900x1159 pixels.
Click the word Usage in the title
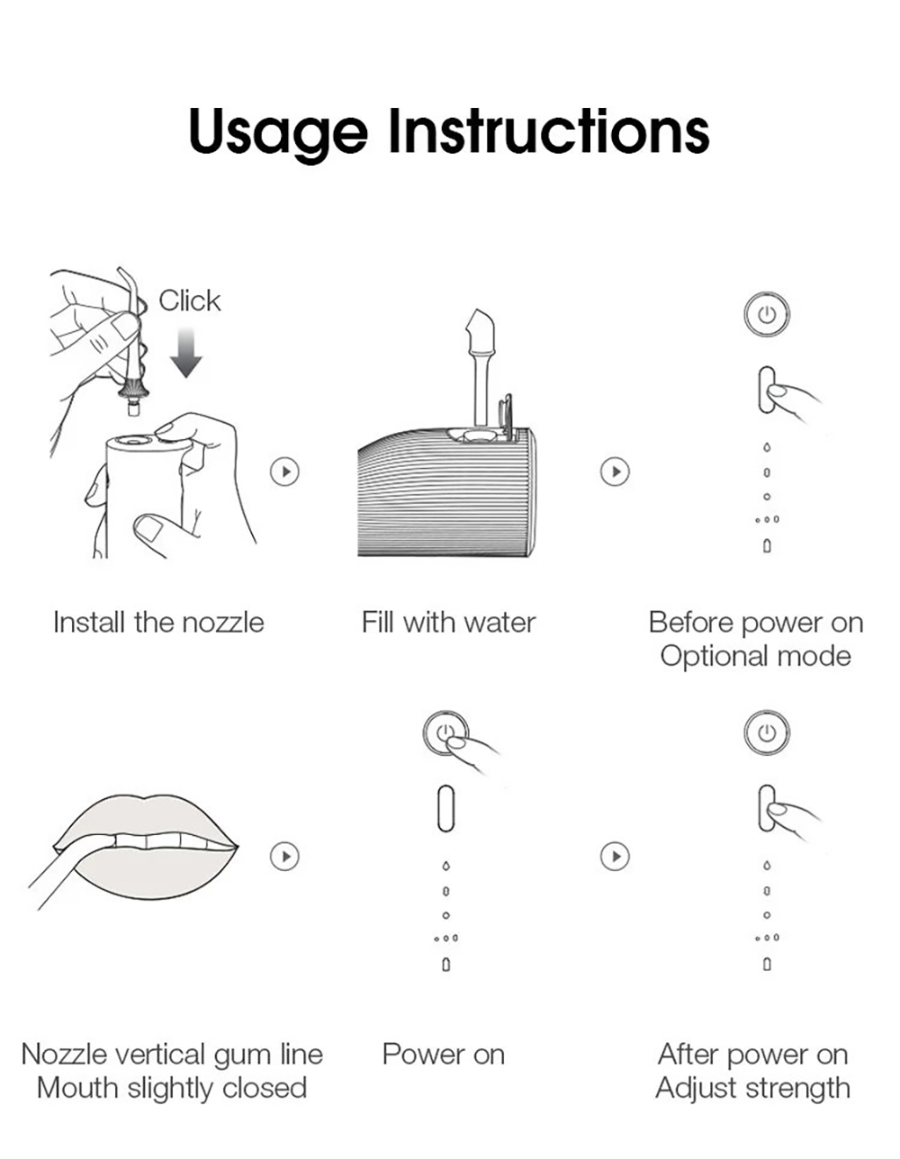click(x=277, y=131)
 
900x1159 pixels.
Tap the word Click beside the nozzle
click(x=189, y=301)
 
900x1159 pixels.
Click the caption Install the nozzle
click(x=158, y=623)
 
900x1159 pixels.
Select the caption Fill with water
click(x=448, y=623)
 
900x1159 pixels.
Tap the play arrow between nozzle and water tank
click(x=285, y=472)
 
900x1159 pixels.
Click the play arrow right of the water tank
click(x=615, y=472)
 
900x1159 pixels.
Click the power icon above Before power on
click(x=767, y=315)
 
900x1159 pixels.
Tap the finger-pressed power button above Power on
click(x=445, y=733)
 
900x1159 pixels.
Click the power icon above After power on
click(x=767, y=732)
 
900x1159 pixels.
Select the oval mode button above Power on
click(x=445, y=808)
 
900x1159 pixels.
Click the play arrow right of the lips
click(x=285, y=856)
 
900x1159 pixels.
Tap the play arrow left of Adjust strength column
click(x=615, y=856)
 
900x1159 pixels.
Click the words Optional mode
click(x=755, y=656)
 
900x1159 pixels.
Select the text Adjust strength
click(x=752, y=1088)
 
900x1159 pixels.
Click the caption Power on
click(x=443, y=1055)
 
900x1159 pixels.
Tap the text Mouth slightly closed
click(x=172, y=1088)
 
